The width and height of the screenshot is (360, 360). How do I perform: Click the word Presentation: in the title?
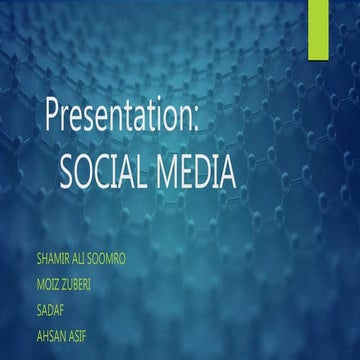(122, 116)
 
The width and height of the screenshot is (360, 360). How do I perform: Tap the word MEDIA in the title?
(199, 173)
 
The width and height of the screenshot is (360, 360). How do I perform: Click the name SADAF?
(49, 309)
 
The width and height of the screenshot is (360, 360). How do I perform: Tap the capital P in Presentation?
(53, 115)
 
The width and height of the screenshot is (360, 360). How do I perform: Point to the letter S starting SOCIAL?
(68, 173)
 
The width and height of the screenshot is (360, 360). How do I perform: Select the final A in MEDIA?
(228, 173)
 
